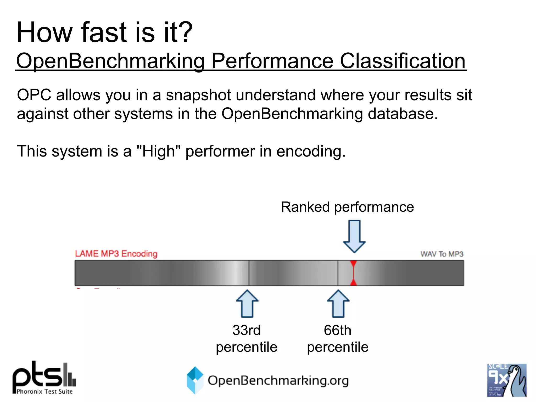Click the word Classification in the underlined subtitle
tap(403, 61)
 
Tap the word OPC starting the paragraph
tap(34, 95)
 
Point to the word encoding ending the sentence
tap(311, 152)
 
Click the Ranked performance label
tap(347, 207)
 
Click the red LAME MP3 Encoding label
tap(116, 254)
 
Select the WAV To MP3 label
tap(442, 254)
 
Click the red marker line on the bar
tap(353, 273)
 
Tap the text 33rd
tap(247, 330)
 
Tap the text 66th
tap(337, 330)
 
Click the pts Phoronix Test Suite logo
tap(44, 378)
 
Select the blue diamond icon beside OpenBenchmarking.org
tap(195, 380)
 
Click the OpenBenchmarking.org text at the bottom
tap(278, 381)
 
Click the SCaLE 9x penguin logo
tap(506, 380)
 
